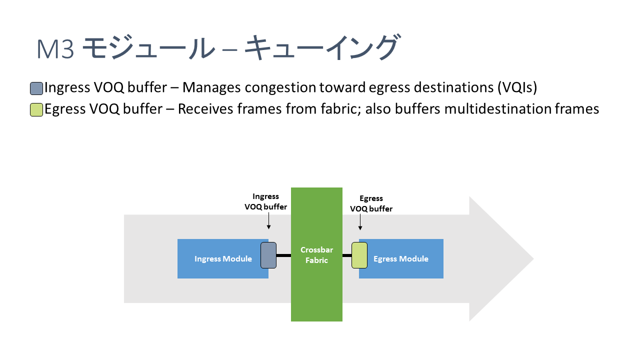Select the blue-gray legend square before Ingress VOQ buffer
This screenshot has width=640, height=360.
[x=36, y=88]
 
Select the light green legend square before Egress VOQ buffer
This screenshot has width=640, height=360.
[x=36, y=110]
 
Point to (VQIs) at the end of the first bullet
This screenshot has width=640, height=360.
[x=517, y=88]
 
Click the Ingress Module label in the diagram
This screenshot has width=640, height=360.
[x=223, y=259]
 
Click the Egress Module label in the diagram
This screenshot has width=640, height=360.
[x=401, y=259]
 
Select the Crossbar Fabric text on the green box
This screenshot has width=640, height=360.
[x=316, y=255]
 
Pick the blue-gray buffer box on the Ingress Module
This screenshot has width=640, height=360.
[x=268, y=255]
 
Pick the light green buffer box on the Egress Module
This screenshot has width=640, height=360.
[x=359, y=255]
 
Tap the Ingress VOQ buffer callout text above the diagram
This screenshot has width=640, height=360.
[x=265, y=201]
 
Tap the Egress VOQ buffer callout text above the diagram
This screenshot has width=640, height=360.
[x=371, y=204]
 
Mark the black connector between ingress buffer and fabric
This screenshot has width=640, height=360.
[x=283, y=255]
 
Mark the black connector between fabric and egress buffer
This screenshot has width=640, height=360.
[x=347, y=255]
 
